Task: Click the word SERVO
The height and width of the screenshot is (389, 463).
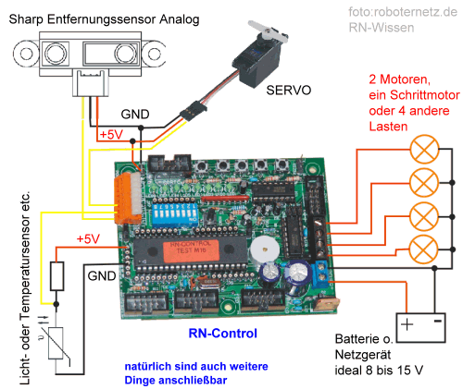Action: (289, 91)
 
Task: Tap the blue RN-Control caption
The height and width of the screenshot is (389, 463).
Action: (222, 334)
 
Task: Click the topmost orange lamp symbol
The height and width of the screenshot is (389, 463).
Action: (424, 149)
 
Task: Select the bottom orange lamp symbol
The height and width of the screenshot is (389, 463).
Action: (423, 249)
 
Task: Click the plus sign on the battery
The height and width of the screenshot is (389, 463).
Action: (407, 324)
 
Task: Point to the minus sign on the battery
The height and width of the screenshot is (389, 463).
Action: (438, 322)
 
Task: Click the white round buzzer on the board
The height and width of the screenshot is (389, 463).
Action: (265, 249)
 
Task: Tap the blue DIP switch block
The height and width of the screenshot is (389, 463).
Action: (175, 214)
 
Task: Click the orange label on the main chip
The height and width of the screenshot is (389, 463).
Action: (191, 250)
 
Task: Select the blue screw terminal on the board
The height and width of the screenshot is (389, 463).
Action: (321, 274)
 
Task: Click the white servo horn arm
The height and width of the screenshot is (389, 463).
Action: (269, 30)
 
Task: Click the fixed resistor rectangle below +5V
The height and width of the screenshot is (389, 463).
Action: (57, 276)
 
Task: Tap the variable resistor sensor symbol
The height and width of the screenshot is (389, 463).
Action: (56, 343)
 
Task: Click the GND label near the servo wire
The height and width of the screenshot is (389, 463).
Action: (135, 115)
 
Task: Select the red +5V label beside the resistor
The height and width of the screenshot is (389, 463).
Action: (88, 239)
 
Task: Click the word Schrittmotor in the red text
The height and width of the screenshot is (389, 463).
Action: (425, 95)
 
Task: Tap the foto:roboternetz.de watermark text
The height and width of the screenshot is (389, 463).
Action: (403, 12)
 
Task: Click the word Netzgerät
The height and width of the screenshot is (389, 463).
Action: (363, 355)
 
